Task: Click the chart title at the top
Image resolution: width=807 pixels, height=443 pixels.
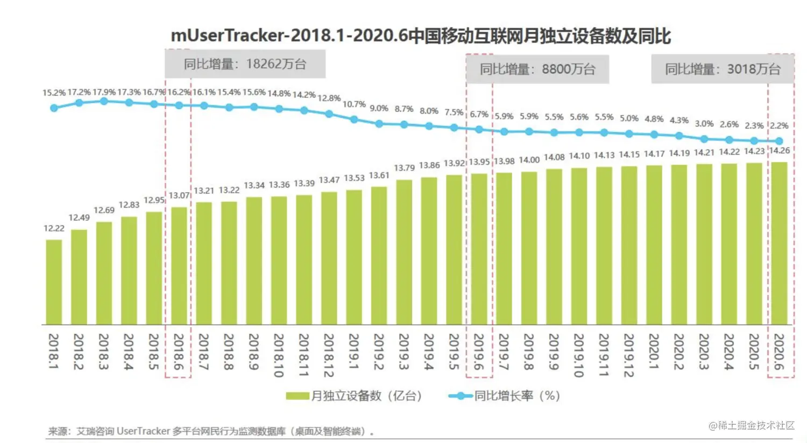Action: click(x=421, y=36)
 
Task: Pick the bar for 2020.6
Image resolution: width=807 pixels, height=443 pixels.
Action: click(x=779, y=243)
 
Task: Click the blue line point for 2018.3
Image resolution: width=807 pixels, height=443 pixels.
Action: click(x=104, y=101)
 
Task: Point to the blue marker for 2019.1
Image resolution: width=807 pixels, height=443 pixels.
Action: click(x=354, y=119)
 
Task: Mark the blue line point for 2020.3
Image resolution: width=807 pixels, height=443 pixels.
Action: click(x=704, y=139)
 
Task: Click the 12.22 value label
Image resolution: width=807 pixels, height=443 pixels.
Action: click(x=54, y=228)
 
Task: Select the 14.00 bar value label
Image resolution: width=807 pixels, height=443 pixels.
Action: click(x=529, y=160)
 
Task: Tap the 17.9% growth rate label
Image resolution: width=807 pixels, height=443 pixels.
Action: click(x=104, y=92)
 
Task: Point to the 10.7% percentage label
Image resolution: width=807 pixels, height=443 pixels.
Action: click(x=354, y=104)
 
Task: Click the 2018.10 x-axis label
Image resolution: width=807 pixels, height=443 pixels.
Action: click(x=279, y=355)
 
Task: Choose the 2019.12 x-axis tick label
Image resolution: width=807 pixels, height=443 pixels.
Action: click(x=628, y=355)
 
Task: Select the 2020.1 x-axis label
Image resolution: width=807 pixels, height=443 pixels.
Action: click(x=654, y=352)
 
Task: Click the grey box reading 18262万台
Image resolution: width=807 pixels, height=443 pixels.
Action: click(x=245, y=64)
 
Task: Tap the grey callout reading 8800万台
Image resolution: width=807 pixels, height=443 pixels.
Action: click(x=537, y=69)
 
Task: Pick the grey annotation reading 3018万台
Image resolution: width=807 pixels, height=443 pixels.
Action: click(x=723, y=69)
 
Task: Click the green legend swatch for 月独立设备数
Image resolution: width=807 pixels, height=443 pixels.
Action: click(x=298, y=396)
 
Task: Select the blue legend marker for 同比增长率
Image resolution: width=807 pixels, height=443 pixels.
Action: click(x=460, y=396)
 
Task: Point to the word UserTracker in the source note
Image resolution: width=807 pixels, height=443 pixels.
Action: click(x=143, y=431)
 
